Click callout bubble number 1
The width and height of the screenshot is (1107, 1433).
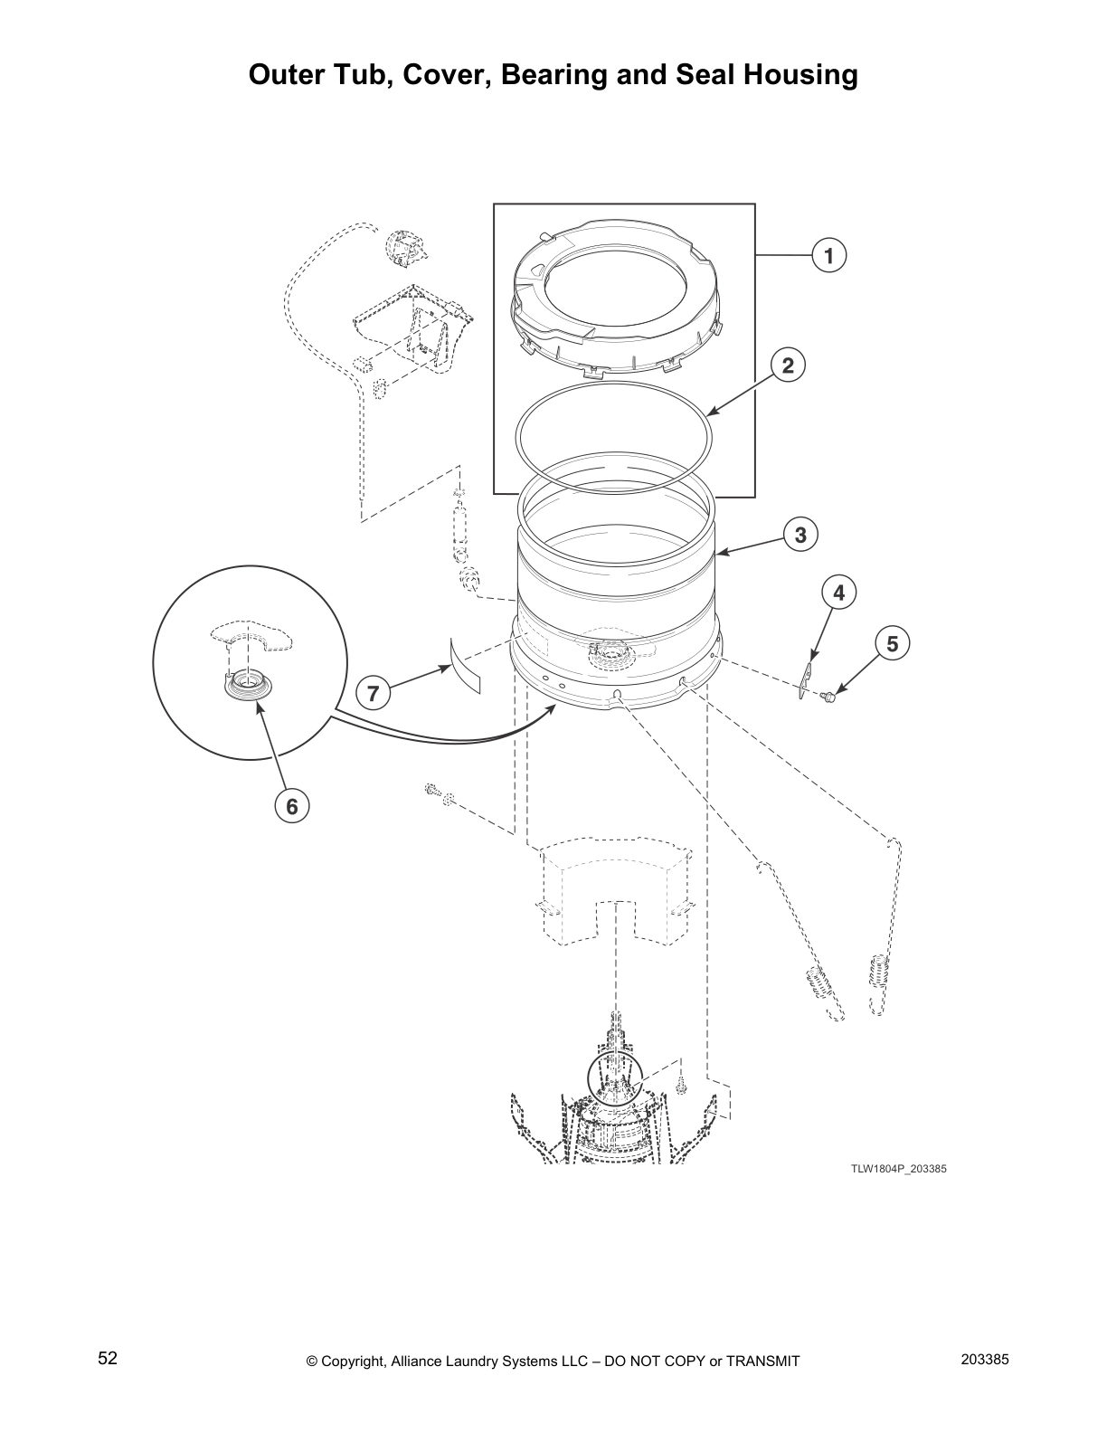tap(828, 256)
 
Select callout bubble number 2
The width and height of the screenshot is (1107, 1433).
tap(788, 365)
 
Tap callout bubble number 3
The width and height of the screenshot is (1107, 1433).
tap(800, 535)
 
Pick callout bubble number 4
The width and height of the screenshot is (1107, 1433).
tap(839, 593)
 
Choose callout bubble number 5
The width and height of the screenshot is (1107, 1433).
tap(893, 644)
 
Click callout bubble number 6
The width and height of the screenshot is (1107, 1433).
tap(292, 804)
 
